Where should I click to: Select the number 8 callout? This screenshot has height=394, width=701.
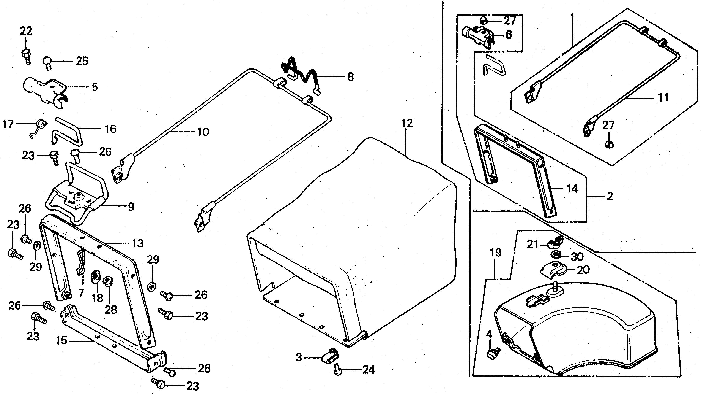350,77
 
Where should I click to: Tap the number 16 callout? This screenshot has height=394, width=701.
110,129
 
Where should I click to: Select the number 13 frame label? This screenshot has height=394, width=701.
137,243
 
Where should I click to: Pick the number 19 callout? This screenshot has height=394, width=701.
496,253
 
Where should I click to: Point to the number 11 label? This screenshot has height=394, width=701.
663,97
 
